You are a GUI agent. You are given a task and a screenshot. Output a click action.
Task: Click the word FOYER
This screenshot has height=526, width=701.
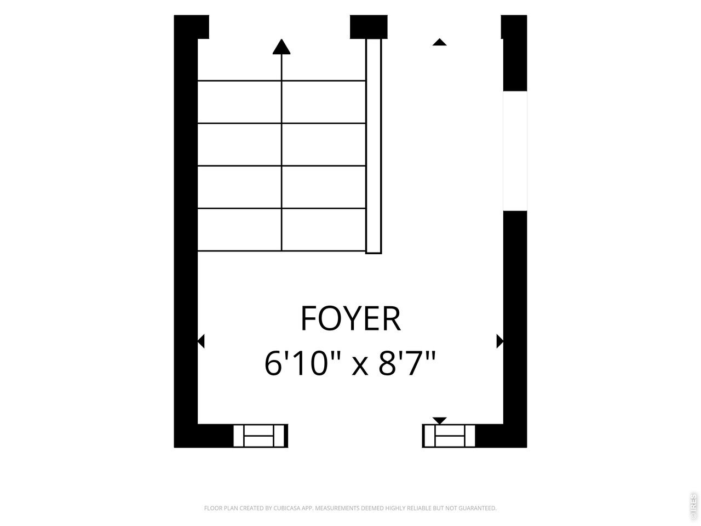coord(350,318)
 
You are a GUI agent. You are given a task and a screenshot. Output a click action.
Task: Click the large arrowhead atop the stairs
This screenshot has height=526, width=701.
coord(281,47)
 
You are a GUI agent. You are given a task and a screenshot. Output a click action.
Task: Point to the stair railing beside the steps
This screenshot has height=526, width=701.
coord(374,146)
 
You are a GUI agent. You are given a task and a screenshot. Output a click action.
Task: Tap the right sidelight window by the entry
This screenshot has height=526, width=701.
coord(449,436)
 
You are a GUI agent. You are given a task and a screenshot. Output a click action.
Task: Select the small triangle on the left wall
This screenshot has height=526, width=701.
coord(201,341)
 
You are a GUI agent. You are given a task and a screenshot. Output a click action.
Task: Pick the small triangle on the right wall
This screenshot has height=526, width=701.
coord(500,341)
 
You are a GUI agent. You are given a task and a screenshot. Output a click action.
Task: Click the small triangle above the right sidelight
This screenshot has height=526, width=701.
coord(439,420)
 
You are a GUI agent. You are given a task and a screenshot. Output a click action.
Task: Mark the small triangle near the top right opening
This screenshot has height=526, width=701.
coord(439,42)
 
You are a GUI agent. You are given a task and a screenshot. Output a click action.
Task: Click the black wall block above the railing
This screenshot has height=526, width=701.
coord(369,27)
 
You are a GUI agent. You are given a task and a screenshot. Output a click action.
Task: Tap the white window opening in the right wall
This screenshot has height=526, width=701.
coord(515,151)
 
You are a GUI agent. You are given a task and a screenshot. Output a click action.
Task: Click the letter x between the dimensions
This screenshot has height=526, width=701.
coord(360,367)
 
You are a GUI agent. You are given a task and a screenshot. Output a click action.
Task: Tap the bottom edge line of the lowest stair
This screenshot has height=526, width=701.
coord(281,251)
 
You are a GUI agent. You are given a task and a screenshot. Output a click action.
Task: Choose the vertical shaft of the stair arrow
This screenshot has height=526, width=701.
coord(281,152)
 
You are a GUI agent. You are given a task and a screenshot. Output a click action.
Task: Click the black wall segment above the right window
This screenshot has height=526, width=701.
coord(514,53)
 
